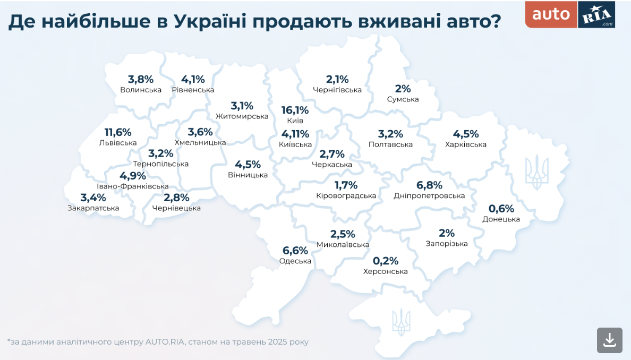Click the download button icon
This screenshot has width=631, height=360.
point(609,340)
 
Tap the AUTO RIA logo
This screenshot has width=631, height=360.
point(570,14)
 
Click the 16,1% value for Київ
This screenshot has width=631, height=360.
point(295,110)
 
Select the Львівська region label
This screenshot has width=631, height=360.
point(118,143)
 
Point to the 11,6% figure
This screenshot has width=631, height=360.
point(118,132)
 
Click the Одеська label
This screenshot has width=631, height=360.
point(295,261)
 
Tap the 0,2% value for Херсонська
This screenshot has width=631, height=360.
point(385,261)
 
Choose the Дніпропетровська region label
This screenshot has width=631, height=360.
point(429,196)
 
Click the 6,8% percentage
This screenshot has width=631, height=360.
point(429,185)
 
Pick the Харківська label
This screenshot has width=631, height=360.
point(466,144)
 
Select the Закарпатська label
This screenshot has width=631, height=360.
point(93,208)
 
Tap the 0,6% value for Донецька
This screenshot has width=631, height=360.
point(501,209)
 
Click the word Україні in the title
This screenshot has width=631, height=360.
point(211,22)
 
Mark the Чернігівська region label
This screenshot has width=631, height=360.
point(337,90)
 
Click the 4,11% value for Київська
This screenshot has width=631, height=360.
point(295,134)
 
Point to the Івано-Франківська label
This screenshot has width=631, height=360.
point(133,186)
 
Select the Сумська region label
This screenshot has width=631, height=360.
point(403,99)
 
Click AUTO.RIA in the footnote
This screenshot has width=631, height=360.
point(165,342)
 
